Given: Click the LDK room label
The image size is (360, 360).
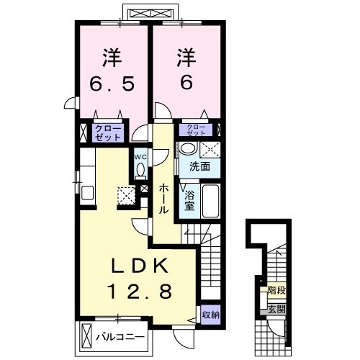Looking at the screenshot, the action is coord(140,266).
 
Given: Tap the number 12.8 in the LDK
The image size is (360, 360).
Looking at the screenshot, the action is coord(140,291).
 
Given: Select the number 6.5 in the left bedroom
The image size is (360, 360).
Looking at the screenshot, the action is coord(112,84).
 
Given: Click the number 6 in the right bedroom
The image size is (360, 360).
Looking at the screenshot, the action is coord(186,82).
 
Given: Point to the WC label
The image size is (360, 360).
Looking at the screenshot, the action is coord(140,157).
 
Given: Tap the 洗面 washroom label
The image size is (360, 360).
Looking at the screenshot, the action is coord(200,166).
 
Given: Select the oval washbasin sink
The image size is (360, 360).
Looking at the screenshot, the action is coord(189,148).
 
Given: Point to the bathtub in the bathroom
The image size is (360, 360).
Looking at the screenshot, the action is coord(210,201).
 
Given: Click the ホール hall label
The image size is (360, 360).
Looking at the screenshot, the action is coord(163,199).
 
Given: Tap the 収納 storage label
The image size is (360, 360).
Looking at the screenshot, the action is coord(210,315).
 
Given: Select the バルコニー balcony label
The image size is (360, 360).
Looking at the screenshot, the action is coord(120,337).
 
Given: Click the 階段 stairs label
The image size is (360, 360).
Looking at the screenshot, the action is coord(276,291).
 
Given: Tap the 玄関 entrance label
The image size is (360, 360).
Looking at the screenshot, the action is coord(276,310).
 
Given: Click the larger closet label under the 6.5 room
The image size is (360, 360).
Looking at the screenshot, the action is coord(108,132).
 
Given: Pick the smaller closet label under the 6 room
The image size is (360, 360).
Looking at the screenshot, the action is coord(196,130).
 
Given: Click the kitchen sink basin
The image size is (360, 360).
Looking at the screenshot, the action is coord(87,193).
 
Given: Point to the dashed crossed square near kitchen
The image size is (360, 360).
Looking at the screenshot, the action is coord(126,196).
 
